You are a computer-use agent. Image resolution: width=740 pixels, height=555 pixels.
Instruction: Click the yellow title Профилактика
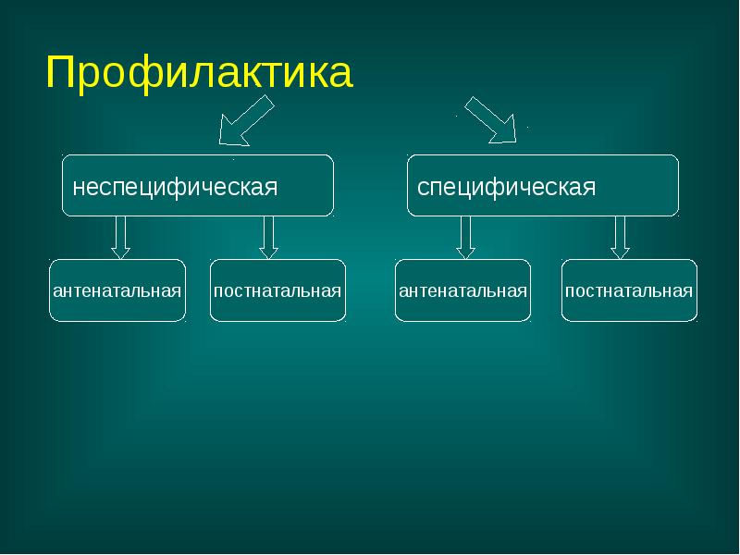coord(199,73)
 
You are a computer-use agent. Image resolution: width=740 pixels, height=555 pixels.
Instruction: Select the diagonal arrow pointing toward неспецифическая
coord(245,122)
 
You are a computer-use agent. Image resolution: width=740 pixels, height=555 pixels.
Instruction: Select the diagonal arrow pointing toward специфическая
coord(491,120)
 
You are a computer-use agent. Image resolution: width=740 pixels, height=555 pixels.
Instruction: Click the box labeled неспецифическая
coord(198,186)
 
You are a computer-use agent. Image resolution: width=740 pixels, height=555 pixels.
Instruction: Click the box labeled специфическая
coord(543,186)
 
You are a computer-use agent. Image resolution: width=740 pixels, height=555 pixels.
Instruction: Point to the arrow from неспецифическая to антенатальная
coord(120,237)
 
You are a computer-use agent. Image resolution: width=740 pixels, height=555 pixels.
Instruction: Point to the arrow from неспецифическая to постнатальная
coord(269,237)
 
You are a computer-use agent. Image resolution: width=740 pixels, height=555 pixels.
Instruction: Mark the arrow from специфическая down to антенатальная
coord(466,237)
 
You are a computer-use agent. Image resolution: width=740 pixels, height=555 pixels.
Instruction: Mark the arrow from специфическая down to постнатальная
coord(621,237)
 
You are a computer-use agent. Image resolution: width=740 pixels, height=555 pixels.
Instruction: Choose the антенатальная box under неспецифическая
coord(117,290)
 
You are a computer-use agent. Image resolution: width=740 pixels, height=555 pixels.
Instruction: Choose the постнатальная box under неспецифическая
coord(277,290)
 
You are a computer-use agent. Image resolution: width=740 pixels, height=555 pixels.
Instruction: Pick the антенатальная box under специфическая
coord(463,290)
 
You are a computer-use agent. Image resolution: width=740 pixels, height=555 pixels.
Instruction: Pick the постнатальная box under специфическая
coord(629,290)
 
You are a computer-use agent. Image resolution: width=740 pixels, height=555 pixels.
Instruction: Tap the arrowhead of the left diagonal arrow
coord(230,134)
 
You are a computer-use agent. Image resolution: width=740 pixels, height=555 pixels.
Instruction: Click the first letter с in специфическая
coord(423,188)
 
